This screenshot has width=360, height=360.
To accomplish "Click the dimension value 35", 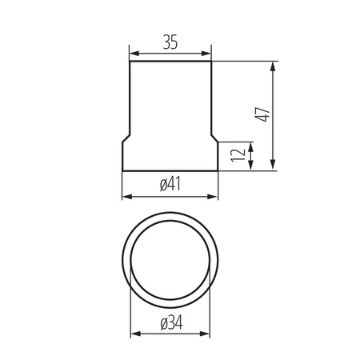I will [170, 43].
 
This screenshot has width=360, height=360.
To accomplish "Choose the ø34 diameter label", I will [170, 323].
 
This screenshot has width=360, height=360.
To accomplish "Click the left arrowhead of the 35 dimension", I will [133, 54].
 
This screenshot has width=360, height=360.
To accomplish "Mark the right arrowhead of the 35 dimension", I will [208, 54].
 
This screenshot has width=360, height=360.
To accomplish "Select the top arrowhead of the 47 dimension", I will [274, 66].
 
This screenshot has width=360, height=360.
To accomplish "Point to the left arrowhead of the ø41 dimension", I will [126, 197].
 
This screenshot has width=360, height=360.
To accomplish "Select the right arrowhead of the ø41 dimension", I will [214, 197].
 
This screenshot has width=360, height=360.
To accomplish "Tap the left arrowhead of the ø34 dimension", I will [133, 335].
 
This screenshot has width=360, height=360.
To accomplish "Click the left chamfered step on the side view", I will [126, 138].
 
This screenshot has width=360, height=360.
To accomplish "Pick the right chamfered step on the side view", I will [215, 138].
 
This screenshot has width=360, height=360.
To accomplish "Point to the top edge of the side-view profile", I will [170, 62].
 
